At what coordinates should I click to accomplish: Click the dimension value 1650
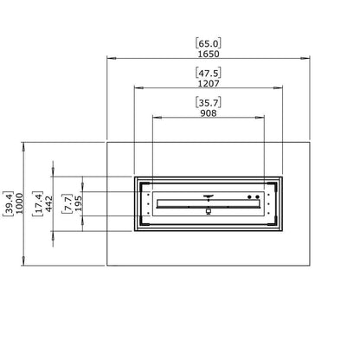coord(209,54)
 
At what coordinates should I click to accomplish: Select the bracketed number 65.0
coord(209,43)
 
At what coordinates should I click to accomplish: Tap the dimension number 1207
coord(209,84)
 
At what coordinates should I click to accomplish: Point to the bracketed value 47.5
coord(209,73)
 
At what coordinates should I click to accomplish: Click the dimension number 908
coord(209,113)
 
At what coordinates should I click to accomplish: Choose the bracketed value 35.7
coord(209,102)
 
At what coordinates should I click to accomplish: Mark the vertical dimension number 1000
coord(19,203)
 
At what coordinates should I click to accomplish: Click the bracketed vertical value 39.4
coord(8,203)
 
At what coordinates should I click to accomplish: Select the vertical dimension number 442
coord(48,203)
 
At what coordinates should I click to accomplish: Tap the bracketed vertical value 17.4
coord(38,203)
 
